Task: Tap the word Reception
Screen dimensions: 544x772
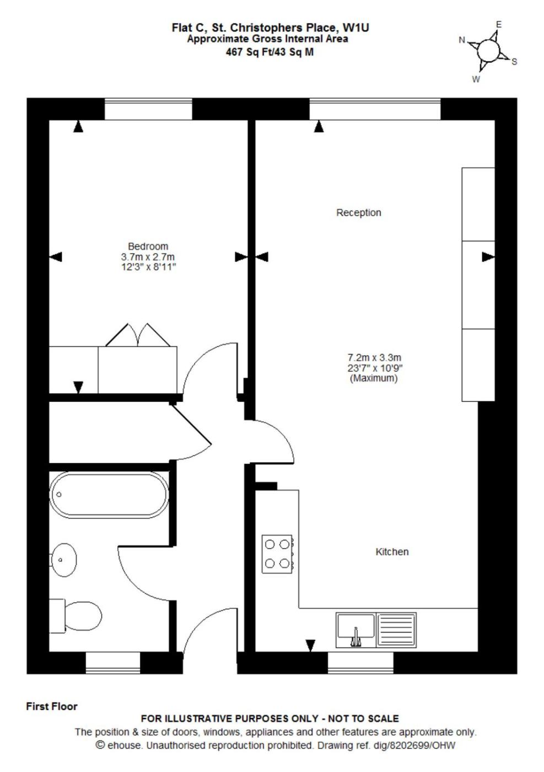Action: coord(359,213)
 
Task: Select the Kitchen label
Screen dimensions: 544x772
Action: coord(392,552)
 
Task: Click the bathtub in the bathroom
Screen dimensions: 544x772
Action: coord(109,495)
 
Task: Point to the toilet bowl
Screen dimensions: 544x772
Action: coord(83,616)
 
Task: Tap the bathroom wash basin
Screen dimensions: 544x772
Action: coord(64,560)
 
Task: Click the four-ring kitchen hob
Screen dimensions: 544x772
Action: coord(277,554)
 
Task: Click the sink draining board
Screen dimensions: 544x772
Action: coord(396,629)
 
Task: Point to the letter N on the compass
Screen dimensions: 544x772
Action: coord(462,40)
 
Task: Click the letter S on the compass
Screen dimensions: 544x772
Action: coord(514,62)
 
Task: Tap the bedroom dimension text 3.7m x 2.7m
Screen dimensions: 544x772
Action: coord(148,257)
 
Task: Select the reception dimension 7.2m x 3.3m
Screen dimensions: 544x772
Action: coord(374,357)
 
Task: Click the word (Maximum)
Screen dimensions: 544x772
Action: coord(374,378)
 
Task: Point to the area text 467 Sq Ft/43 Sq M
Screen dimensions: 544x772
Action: coord(270,52)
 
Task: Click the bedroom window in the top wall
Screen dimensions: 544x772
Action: coord(148,109)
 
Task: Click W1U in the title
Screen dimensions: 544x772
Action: coord(356,28)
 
